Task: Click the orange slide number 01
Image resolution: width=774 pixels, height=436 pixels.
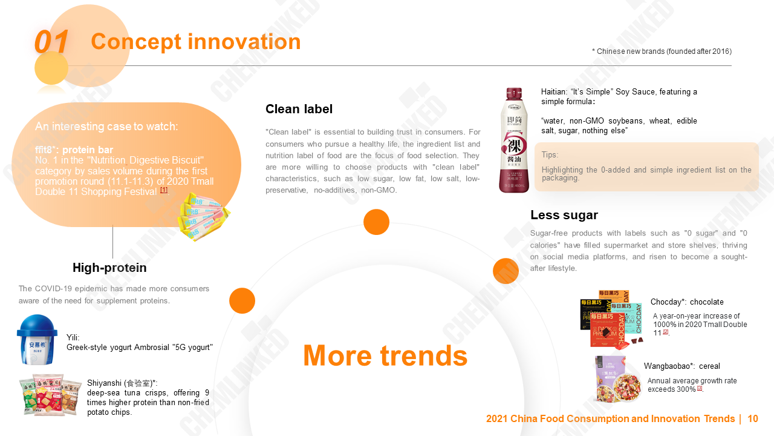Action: coord(51,42)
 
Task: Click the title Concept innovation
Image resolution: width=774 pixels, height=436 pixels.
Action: coord(195,42)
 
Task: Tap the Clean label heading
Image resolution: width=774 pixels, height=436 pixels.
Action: coord(299,109)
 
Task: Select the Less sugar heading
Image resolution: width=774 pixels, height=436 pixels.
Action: coord(564,215)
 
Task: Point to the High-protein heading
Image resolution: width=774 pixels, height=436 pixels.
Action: coord(109,268)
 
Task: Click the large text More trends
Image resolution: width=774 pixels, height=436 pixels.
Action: coord(385,355)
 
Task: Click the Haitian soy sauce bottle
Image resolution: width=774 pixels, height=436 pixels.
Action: coord(513,140)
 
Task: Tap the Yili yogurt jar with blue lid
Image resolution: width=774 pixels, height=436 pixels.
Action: coord(37,340)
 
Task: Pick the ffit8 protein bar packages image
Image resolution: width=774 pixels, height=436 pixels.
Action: coord(203,216)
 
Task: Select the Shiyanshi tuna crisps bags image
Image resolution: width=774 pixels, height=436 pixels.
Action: coord(50,394)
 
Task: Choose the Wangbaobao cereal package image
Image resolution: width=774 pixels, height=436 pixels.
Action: coord(617,380)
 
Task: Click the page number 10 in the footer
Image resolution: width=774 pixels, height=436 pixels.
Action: coord(752,419)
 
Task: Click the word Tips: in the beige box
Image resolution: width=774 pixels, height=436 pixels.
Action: coord(550,155)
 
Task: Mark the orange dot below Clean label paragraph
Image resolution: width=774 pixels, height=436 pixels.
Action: coord(376,222)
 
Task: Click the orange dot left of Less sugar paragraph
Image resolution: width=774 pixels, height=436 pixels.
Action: coord(506,271)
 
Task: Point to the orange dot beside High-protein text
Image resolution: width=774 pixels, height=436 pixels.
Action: coord(242,300)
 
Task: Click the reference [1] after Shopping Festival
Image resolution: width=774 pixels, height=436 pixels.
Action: coord(164,190)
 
